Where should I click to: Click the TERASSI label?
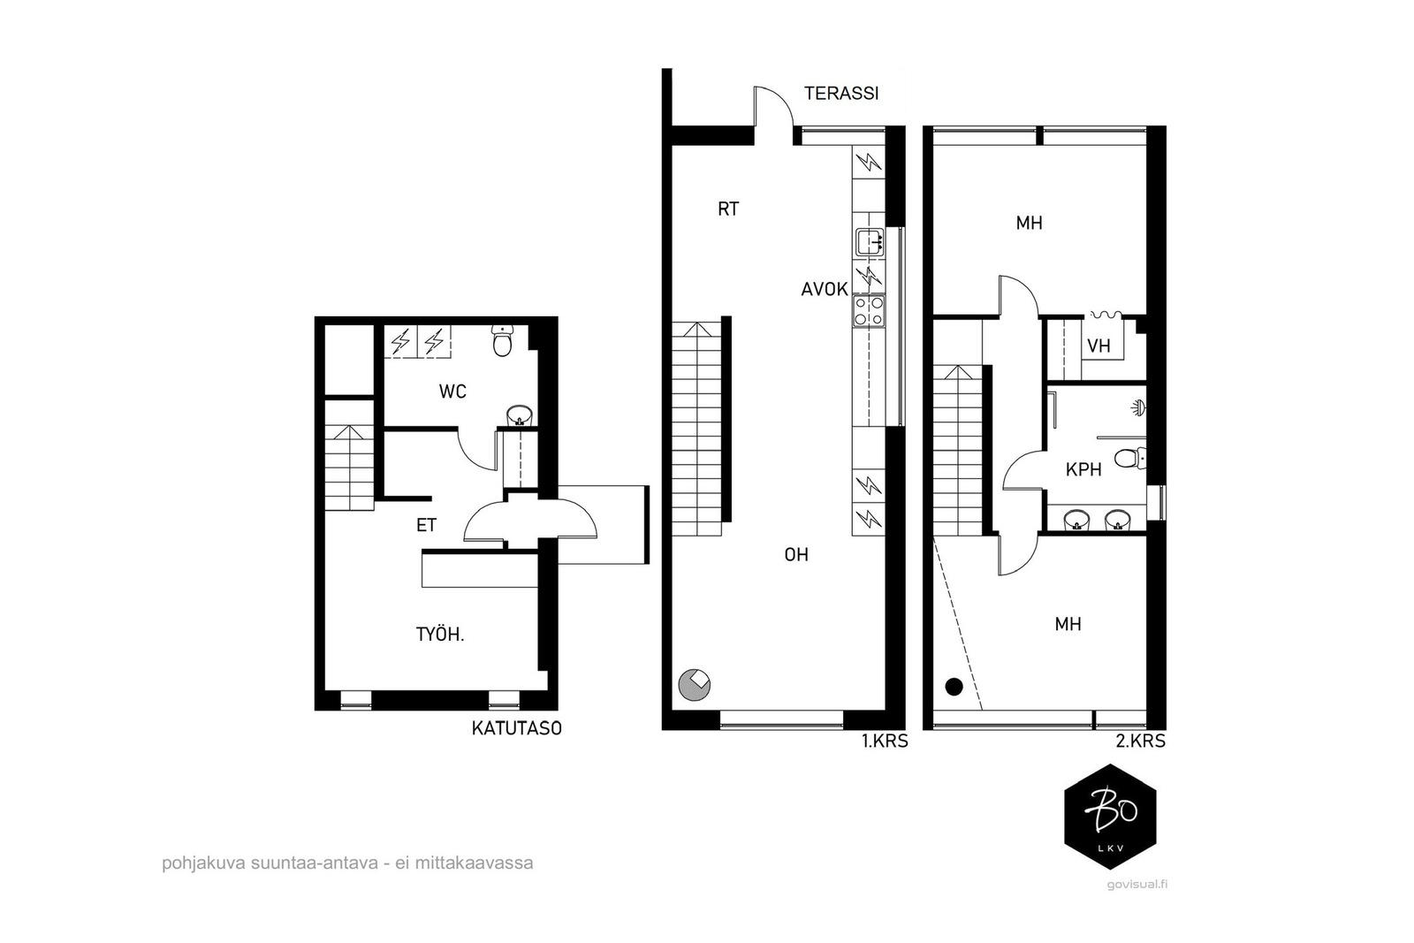click(x=841, y=94)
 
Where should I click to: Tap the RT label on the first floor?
click(x=728, y=209)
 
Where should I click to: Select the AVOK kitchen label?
click(x=825, y=290)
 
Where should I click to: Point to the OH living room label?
click(x=796, y=555)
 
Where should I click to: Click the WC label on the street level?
click(x=452, y=392)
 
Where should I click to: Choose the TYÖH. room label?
click(x=440, y=635)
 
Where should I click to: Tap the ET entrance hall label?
click(x=426, y=525)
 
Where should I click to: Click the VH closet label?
click(x=1099, y=346)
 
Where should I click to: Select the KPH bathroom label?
click(x=1083, y=469)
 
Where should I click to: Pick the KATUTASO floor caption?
click(x=516, y=728)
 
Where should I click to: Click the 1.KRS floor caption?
click(x=885, y=741)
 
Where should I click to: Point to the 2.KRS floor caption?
click(x=1141, y=741)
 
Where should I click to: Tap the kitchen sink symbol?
click(x=870, y=242)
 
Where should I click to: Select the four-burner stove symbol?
click(x=869, y=312)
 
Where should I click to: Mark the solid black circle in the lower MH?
click(x=954, y=687)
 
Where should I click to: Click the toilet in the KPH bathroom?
click(x=1130, y=459)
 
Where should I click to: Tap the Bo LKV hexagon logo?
click(x=1110, y=817)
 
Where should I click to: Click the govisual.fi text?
click(x=1137, y=885)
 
